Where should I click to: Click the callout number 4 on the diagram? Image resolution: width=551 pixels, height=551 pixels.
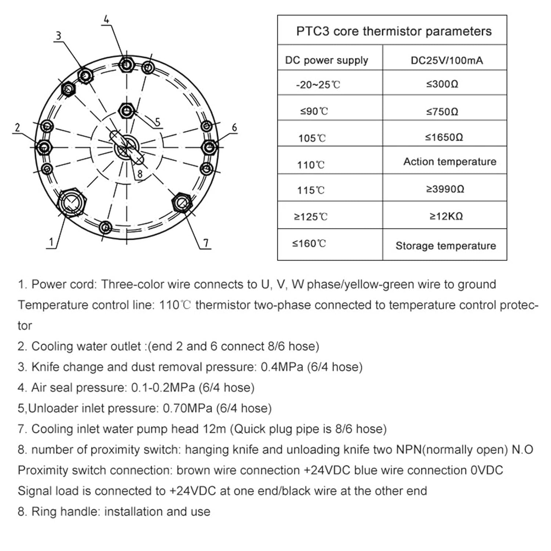click(107, 19)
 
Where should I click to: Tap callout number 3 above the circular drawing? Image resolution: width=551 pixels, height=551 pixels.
click(58, 36)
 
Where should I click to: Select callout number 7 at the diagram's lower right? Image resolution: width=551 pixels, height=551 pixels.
click(206, 243)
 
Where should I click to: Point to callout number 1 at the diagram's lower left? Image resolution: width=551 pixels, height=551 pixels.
click(51, 242)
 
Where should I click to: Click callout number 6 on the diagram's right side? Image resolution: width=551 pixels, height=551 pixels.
click(234, 127)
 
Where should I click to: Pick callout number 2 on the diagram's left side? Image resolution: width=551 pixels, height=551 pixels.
click(17, 127)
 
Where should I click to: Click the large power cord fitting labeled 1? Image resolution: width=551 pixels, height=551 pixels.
click(72, 202)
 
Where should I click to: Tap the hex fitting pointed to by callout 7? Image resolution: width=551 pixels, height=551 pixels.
click(182, 202)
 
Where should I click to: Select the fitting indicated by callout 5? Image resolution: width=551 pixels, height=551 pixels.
click(127, 111)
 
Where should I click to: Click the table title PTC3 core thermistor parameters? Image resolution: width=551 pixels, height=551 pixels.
click(393, 31)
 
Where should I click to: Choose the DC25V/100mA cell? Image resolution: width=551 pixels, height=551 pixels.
click(446, 60)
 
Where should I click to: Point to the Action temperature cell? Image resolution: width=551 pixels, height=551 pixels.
click(450, 162)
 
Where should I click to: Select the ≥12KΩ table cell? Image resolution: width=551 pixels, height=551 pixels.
click(446, 216)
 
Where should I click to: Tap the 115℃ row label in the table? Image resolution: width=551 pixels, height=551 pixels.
click(311, 190)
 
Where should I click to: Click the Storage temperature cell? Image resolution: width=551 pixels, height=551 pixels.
click(446, 246)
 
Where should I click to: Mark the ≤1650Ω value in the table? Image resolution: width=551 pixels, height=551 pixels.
click(444, 137)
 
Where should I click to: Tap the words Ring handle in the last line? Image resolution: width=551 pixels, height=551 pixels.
click(66, 511)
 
